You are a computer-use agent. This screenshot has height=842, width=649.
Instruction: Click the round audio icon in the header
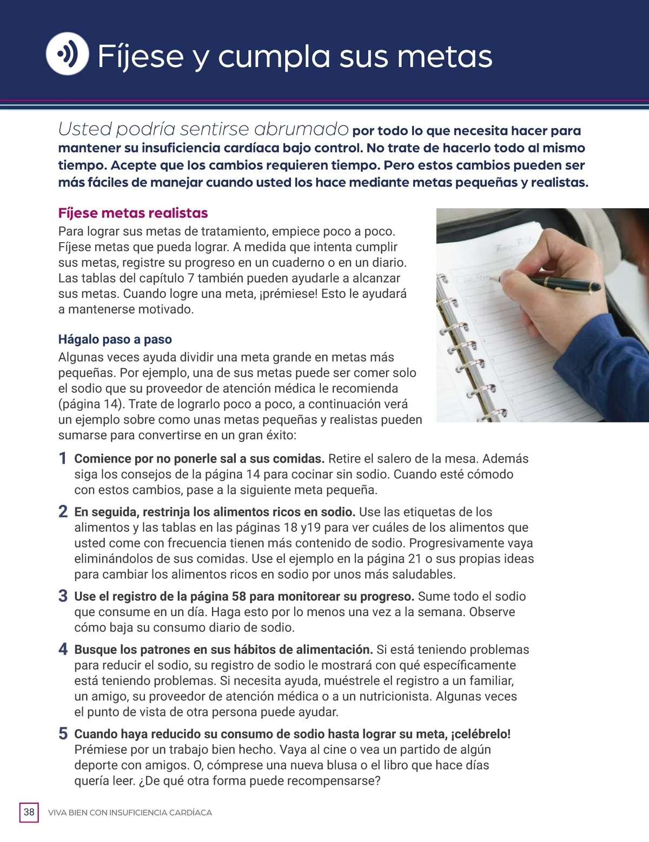pyautogui.click(x=67, y=54)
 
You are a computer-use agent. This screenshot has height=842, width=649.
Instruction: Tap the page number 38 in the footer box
pyautogui.click(x=29, y=812)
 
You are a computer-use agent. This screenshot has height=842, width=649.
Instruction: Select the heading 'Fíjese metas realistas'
pyautogui.click(x=133, y=213)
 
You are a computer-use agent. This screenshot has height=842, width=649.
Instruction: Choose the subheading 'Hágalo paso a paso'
pyautogui.click(x=115, y=339)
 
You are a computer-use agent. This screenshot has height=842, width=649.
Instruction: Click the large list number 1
pyautogui.click(x=63, y=459)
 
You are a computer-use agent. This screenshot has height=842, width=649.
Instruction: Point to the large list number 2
pyautogui.click(x=63, y=512)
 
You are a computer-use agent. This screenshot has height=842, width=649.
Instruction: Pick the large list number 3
pyautogui.click(x=63, y=596)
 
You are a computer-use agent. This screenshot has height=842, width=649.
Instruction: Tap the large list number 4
pyautogui.click(x=63, y=649)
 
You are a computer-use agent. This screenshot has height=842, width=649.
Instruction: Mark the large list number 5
pyautogui.click(x=63, y=734)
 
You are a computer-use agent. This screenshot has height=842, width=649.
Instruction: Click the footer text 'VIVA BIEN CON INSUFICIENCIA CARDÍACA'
pyautogui.click(x=130, y=813)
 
